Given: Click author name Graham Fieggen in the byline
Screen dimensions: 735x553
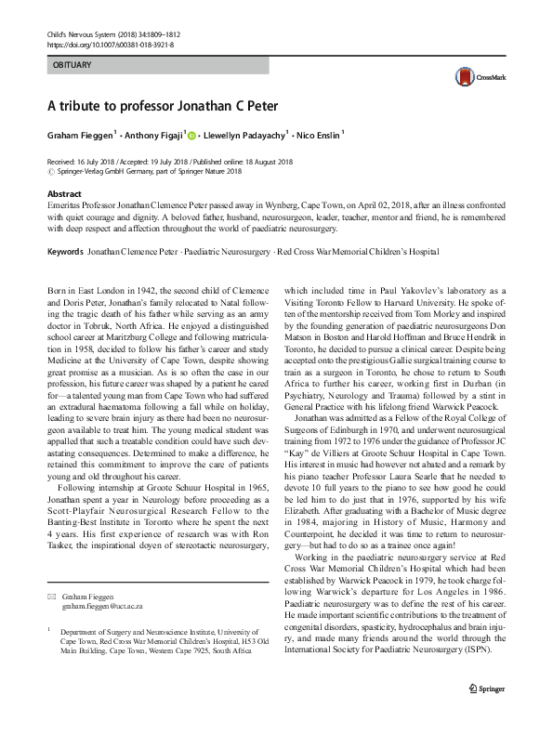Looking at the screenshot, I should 79,135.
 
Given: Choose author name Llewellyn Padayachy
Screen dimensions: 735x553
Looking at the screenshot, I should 243,135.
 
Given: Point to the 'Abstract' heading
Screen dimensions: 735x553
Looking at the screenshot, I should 64,193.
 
